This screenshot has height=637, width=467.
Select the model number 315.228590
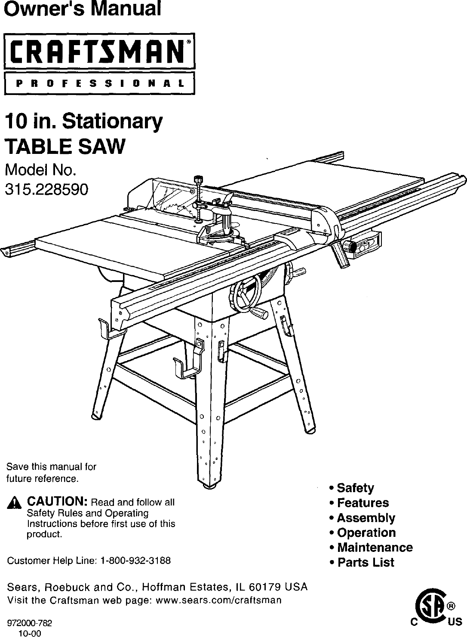point(46,189)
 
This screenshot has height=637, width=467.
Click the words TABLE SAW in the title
point(65,147)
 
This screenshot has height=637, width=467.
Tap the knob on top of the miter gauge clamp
point(199,180)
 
